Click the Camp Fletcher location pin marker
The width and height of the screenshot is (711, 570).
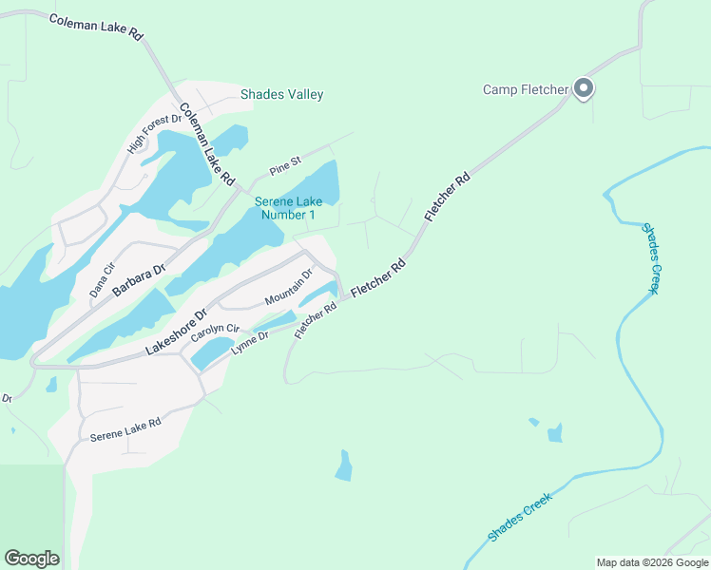click(x=584, y=89)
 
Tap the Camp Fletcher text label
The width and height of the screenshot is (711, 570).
click(x=526, y=90)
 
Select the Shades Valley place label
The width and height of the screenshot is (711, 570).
click(x=281, y=94)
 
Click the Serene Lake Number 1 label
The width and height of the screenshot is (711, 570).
click(x=285, y=208)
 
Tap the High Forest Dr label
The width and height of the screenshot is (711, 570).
click(x=154, y=134)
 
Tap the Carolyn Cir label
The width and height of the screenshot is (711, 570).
click(x=213, y=333)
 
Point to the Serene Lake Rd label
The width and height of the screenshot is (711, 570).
click(x=125, y=429)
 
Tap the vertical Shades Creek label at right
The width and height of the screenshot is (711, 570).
click(x=650, y=258)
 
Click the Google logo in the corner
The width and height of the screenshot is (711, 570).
click(x=31, y=559)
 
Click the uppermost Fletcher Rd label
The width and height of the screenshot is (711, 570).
click(x=449, y=198)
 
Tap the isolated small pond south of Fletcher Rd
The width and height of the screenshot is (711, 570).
click(x=344, y=465)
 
